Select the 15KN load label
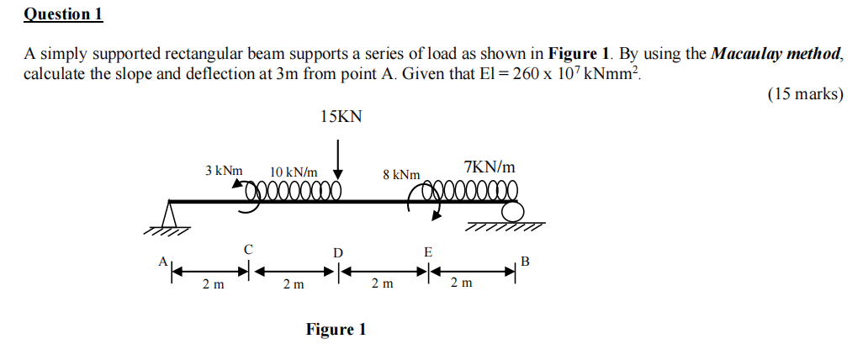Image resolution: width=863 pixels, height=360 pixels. (x=341, y=117)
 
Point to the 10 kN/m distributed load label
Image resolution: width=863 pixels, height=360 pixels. (x=294, y=172)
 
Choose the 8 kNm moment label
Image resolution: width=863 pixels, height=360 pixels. (x=401, y=174)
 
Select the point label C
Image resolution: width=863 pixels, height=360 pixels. (x=247, y=249)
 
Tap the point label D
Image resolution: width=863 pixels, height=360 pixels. (x=338, y=252)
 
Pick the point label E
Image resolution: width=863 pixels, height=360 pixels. (x=428, y=251)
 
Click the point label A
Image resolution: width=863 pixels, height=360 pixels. (x=162, y=262)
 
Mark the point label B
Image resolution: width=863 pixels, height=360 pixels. (x=526, y=262)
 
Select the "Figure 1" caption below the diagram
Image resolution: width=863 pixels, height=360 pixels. (x=336, y=329)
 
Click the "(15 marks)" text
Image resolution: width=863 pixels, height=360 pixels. (x=805, y=94)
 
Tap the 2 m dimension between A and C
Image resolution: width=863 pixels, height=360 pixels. (x=214, y=285)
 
